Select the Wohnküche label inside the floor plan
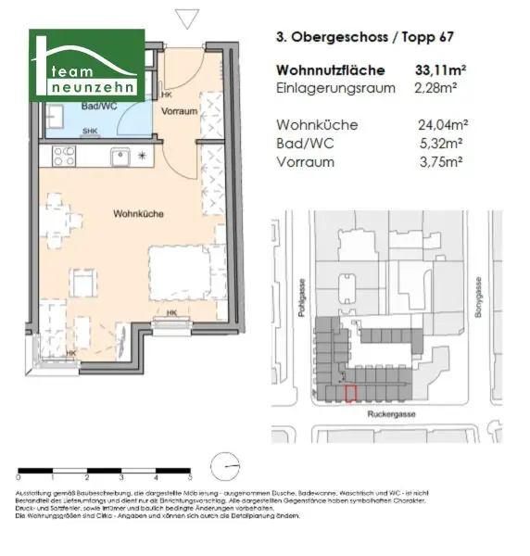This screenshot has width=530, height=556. pyautogui.click(x=139, y=213)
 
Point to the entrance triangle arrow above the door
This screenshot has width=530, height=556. pyautogui.click(x=188, y=18)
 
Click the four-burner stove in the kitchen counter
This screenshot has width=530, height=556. pyautogui.click(x=65, y=157)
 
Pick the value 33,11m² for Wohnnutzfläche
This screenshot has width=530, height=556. pyautogui.click(x=445, y=69)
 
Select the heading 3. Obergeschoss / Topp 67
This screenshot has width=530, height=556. pyautogui.click(x=365, y=39)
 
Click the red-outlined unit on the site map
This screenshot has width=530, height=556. pyautogui.click(x=350, y=393)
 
